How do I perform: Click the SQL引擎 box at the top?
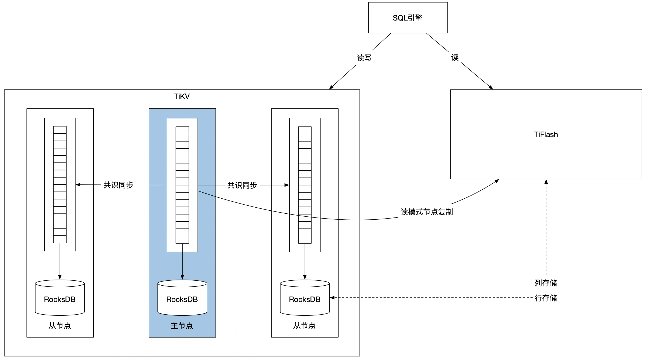click(x=408, y=18)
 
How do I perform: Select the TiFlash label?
click(x=546, y=135)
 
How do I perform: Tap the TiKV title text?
click(x=182, y=97)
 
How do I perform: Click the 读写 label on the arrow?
click(x=364, y=58)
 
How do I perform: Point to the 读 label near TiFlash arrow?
click(x=455, y=57)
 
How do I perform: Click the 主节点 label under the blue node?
click(x=182, y=326)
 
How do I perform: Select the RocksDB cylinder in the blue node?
click(x=182, y=298)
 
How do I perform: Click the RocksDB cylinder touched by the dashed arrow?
click(x=305, y=298)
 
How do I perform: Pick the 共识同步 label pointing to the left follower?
click(x=118, y=185)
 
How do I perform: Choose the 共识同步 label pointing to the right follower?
click(x=242, y=185)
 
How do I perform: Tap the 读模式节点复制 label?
click(x=426, y=212)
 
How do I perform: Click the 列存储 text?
click(x=546, y=283)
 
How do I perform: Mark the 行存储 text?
click(x=546, y=298)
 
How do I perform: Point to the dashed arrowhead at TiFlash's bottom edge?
click(x=546, y=182)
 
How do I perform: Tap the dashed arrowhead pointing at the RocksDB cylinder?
click(x=332, y=298)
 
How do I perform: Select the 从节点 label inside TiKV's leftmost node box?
click(x=60, y=326)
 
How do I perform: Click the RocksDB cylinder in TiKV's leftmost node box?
click(x=60, y=298)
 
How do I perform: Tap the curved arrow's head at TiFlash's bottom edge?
click(x=497, y=181)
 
